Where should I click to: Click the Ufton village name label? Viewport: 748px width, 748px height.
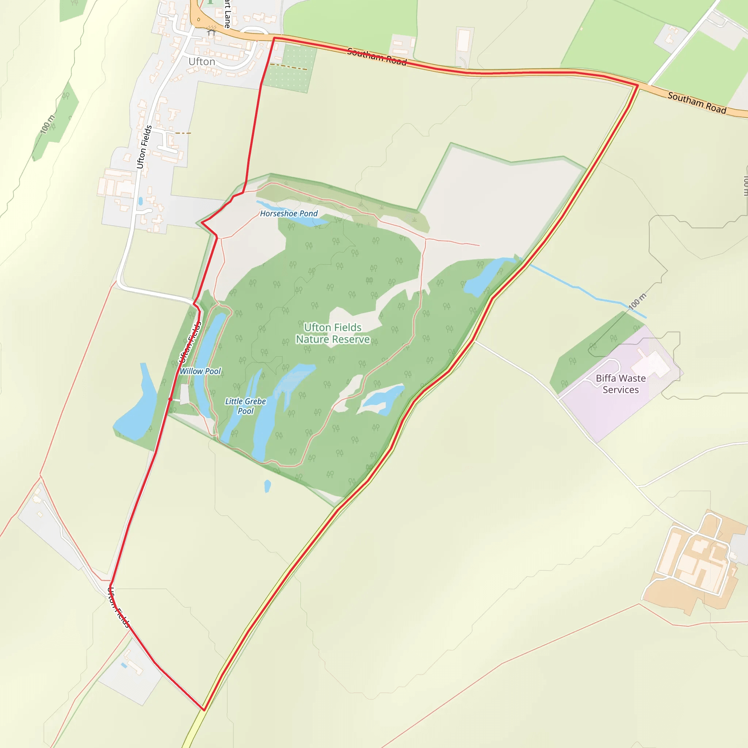click(202, 62)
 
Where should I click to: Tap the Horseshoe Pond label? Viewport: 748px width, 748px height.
click(289, 213)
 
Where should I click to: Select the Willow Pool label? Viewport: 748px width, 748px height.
click(200, 371)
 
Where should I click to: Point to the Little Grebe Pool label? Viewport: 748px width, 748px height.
click(245, 406)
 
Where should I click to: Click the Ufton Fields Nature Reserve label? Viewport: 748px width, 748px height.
click(333, 333)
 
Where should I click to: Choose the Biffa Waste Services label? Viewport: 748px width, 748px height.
click(621, 384)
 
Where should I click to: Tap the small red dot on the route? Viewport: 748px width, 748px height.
click(170, 399)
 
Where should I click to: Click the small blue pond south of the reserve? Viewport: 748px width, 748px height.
click(267, 485)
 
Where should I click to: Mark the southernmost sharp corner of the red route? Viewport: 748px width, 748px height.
click(204, 710)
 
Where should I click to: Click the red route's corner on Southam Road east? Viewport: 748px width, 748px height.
click(637, 85)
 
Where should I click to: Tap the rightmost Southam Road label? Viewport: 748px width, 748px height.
click(697, 103)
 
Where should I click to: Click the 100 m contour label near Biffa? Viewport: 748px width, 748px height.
click(637, 302)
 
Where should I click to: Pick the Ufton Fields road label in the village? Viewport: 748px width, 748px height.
click(144, 147)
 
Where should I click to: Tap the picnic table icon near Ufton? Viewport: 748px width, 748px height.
click(211, 31)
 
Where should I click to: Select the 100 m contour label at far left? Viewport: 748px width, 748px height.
click(47, 125)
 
